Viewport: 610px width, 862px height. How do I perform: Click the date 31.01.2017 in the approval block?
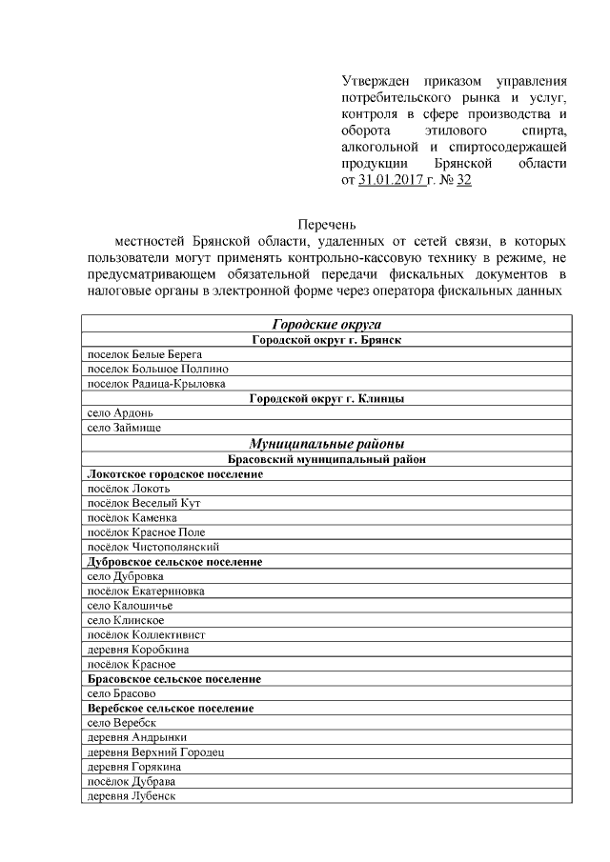(395, 179)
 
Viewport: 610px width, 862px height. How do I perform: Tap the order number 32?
(464, 179)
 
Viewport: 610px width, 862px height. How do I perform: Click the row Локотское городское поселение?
(175, 473)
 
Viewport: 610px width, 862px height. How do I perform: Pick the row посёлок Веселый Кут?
(143, 503)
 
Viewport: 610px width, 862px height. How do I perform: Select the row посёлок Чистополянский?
(153, 547)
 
